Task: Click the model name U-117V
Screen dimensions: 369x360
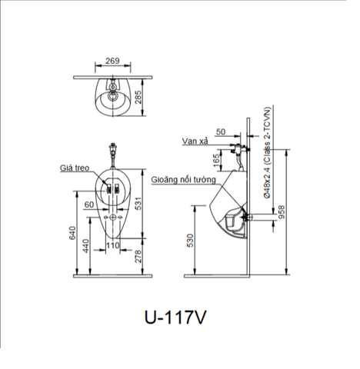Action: click(176, 315)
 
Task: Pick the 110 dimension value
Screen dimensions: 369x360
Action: click(113, 246)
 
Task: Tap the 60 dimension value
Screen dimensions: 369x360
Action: click(90, 205)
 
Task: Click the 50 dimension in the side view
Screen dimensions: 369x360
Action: click(222, 132)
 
